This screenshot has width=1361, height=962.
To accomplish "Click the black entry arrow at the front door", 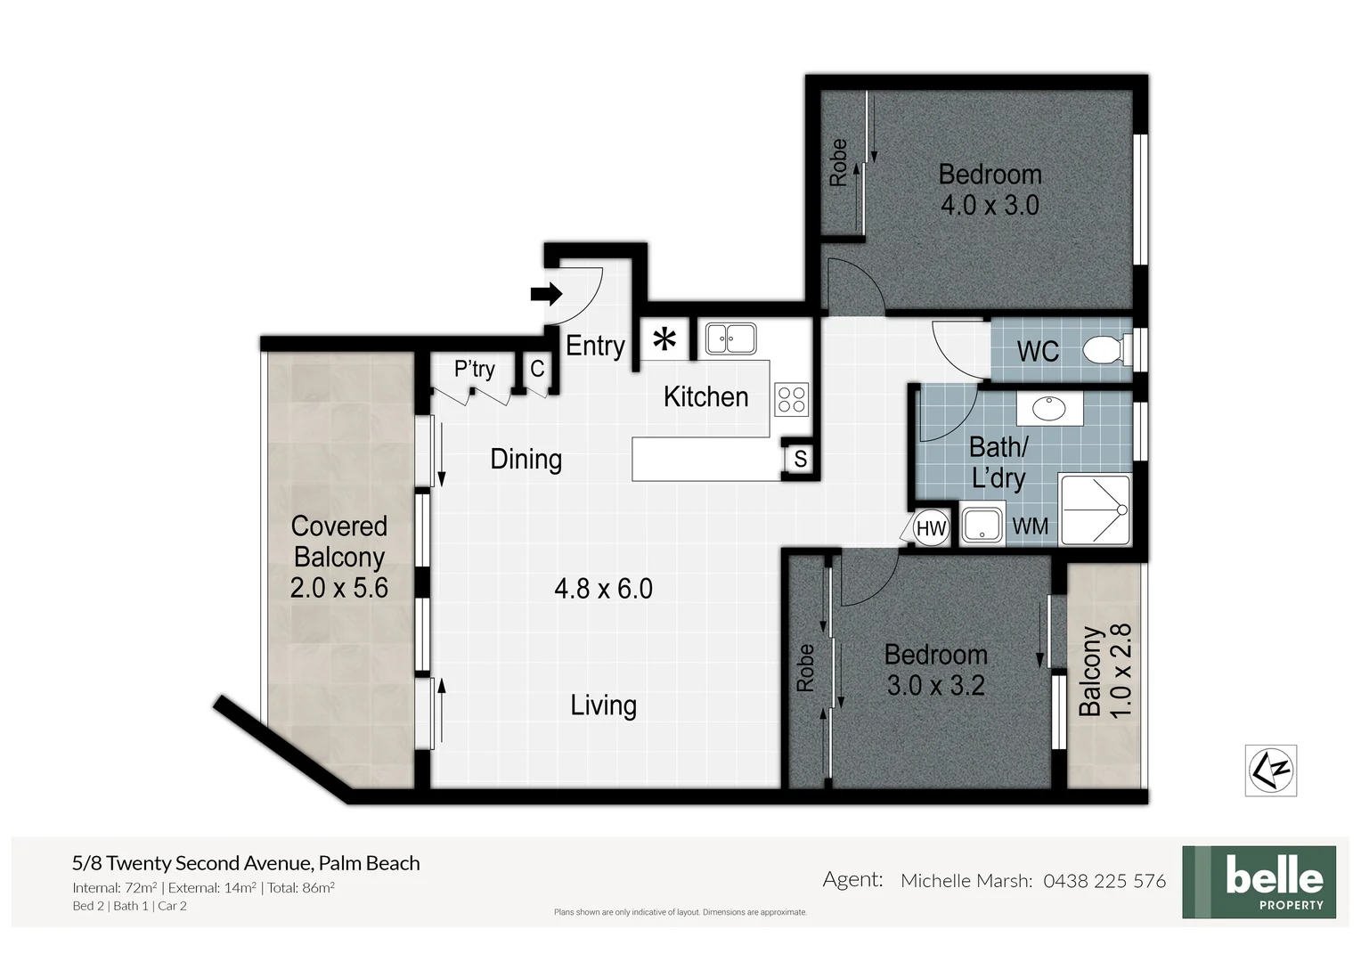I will (546, 294).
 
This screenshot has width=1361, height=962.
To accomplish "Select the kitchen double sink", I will (730, 338).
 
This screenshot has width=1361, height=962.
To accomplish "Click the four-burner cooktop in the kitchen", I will (791, 399).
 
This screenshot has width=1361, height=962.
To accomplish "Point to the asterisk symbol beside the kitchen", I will (664, 340).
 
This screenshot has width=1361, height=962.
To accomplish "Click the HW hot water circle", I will (930, 528).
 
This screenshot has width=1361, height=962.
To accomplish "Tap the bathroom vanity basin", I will (1049, 409).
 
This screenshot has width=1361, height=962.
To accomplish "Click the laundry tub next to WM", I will (982, 525).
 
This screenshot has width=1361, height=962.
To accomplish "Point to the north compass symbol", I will (1270, 770).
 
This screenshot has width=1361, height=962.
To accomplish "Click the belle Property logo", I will (1259, 882).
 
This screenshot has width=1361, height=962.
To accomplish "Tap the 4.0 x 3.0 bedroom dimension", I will (990, 206).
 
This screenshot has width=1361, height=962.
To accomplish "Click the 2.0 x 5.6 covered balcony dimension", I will (339, 588).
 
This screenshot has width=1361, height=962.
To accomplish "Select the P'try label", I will (474, 369).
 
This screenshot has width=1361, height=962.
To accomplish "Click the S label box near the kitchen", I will (800, 459).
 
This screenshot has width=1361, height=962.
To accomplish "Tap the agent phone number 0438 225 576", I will (1104, 881).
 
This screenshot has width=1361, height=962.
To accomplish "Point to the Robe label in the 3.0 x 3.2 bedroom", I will (805, 668).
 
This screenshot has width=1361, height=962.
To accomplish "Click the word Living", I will (603, 705).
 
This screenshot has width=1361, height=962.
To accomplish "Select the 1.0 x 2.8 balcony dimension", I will (1121, 670).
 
